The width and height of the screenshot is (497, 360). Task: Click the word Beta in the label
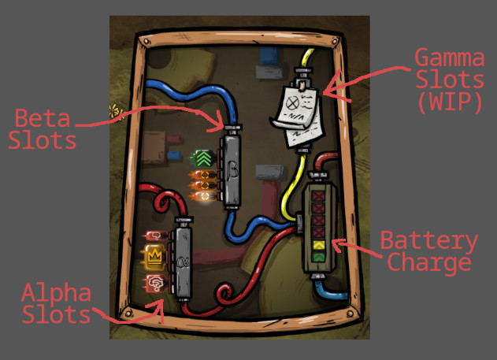43,118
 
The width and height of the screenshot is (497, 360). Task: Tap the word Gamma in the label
450,58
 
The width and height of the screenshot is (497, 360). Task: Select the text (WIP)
450,102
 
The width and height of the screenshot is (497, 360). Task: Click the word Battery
428,242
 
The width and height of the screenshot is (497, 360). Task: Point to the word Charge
429,262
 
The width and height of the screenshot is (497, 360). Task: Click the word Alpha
57,292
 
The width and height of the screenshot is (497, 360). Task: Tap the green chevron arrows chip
203,158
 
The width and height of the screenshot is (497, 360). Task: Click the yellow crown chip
154,256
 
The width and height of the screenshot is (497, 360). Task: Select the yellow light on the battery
318,245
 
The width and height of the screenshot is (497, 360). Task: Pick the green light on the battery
318,256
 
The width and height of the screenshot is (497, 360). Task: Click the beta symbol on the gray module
232,172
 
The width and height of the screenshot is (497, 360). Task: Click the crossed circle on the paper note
292,103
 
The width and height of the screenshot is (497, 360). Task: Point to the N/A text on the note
294,117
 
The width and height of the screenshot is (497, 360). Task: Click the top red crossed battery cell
318,196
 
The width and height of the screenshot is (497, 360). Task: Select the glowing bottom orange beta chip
204,196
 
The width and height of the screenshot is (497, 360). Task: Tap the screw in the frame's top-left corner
146,42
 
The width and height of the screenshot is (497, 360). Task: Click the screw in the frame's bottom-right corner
350,314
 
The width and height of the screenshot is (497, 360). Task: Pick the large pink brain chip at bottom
156,284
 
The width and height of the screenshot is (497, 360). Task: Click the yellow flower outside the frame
115,111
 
